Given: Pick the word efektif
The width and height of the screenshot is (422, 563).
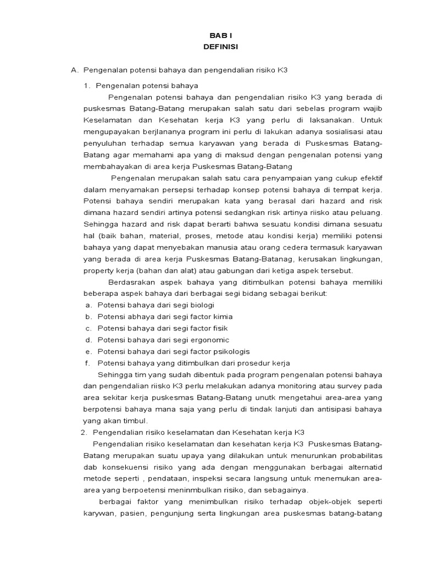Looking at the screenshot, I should point(367,178).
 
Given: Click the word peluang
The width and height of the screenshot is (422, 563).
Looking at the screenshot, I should point(368,213).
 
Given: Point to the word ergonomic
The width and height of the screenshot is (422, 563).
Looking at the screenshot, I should point(208,340).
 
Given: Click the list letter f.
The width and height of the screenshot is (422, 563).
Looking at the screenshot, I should point(87,363).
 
